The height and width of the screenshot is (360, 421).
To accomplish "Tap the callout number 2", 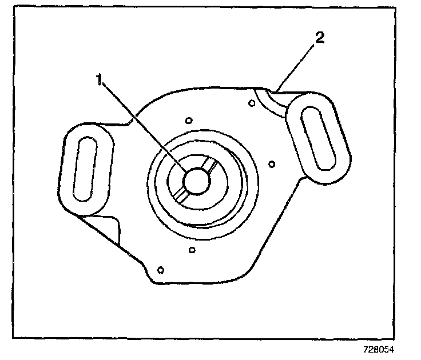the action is point(320,39).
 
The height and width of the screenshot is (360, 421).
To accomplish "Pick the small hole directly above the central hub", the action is point(189,121).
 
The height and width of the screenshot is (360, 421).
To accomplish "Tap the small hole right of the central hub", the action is point(272,165).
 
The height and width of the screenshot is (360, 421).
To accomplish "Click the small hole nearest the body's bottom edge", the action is point(161,270).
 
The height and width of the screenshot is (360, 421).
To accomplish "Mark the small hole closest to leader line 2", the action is point(252,103).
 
